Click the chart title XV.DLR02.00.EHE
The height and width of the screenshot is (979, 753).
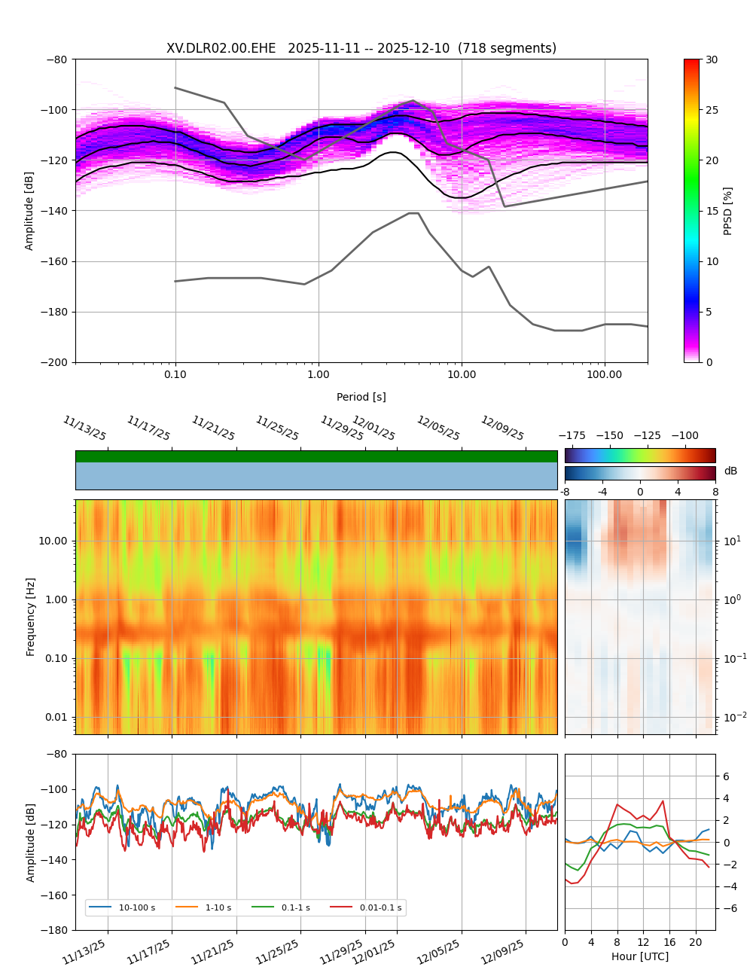pyautogui.click(x=361, y=48)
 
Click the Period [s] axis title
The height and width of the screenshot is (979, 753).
pyautogui.click(x=361, y=397)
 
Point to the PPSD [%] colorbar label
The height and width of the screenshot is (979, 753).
pyautogui.click(x=727, y=211)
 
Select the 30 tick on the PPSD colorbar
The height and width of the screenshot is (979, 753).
pyautogui.click(x=712, y=59)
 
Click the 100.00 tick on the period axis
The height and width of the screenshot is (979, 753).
pyautogui.click(x=605, y=374)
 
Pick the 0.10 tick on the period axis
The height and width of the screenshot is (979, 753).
pyautogui.click(x=175, y=374)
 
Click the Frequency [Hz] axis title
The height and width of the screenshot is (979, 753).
pyautogui.click(x=31, y=617)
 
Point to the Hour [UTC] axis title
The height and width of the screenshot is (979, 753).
pyautogui.click(x=640, y=956)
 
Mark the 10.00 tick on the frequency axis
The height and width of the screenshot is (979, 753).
pyautogui.click(x=52, y=541)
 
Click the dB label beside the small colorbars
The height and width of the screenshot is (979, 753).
pyautogui.click(x=730, y=471)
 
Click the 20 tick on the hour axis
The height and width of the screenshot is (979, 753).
pyautogui.click(x=695, y=942)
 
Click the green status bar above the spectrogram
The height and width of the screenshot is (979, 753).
pyautogui.click(x=316, y=456)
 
